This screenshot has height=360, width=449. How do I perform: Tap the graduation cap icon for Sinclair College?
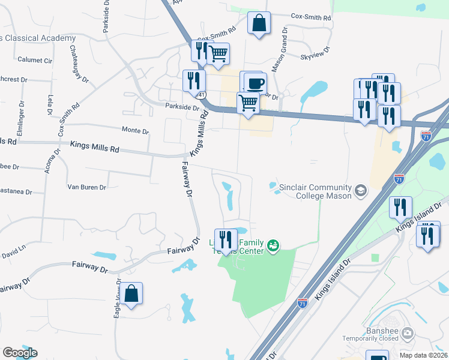point(360,191)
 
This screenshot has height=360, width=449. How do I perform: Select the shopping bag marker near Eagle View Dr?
point(132,294)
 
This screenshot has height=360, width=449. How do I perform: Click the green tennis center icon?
point(274,245)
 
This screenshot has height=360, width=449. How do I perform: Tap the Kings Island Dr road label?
point(332,280)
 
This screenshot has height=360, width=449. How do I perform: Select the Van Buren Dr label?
point(86,187)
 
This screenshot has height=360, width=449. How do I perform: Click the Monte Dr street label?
point(135,130)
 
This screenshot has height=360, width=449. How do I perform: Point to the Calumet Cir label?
point(35,60)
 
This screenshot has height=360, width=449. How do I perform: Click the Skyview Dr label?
point(315,52)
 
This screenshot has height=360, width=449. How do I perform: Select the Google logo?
point(20,352)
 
